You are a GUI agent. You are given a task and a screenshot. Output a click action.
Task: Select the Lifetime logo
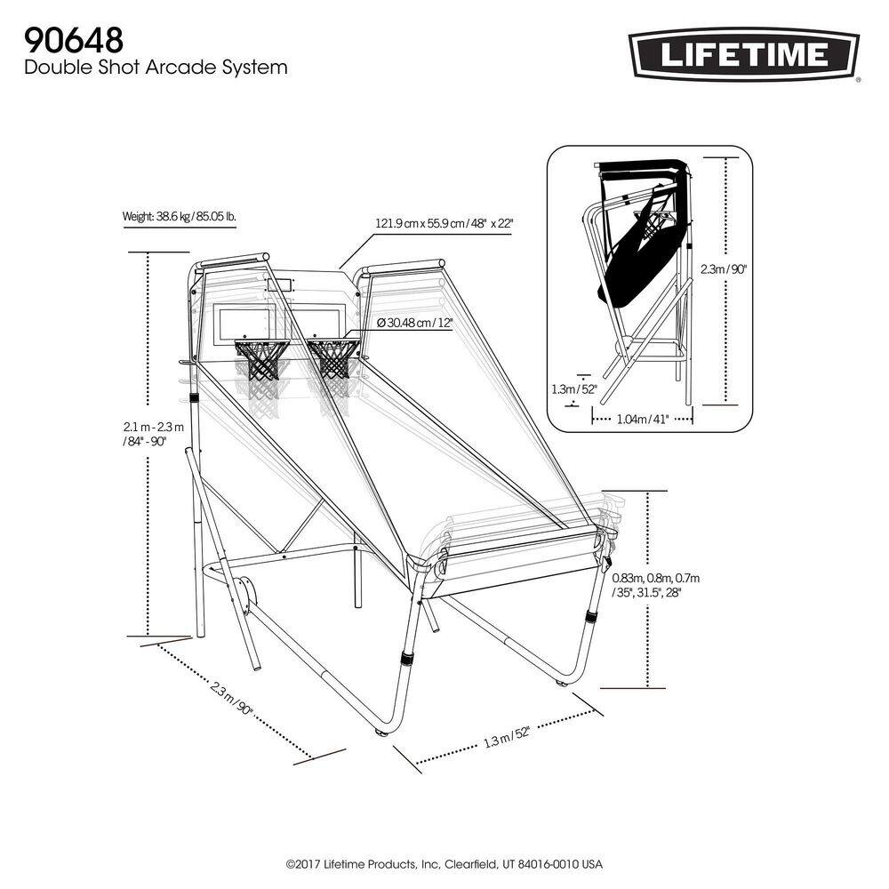tap(744, 55)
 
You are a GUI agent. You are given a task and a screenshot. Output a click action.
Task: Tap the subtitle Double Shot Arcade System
tap(156, 67)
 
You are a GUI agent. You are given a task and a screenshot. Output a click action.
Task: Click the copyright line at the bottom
tap(444, 864)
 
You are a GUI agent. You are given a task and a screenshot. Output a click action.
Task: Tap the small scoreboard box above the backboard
tap(278, 285)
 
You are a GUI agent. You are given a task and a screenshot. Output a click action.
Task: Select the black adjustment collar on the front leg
tap(407, 660)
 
